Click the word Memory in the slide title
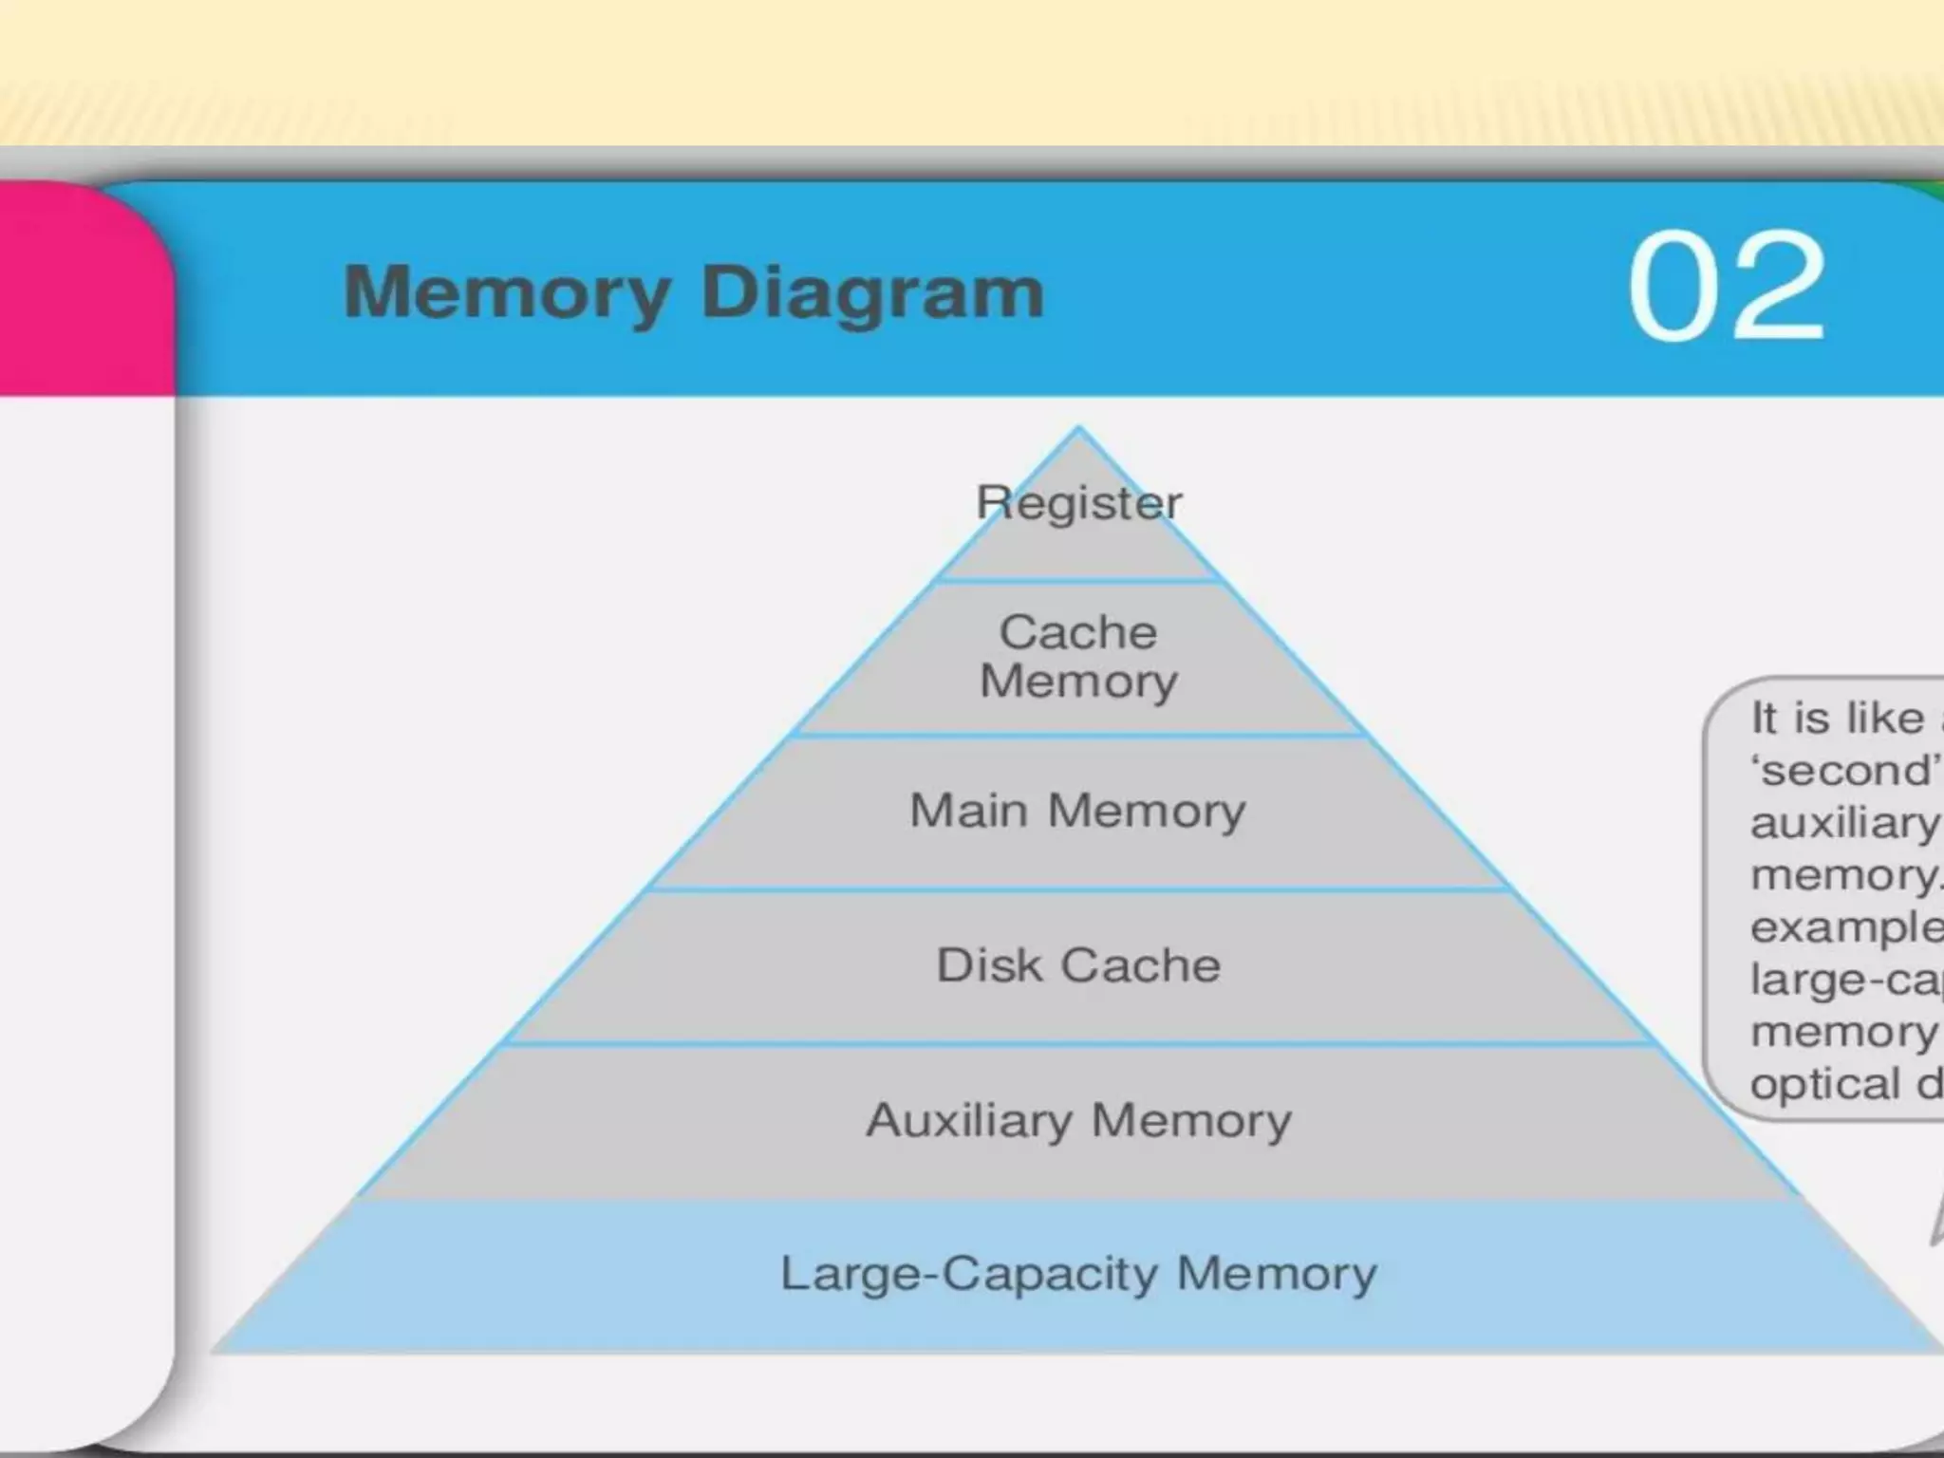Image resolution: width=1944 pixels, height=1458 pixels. [507, 293]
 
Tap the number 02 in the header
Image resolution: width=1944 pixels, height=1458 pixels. [1726, 286]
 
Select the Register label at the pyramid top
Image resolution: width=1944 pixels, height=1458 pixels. [1079, 502]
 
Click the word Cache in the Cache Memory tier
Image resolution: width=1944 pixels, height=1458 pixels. [1078, 632]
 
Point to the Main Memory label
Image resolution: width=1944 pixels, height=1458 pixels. [1077, 811]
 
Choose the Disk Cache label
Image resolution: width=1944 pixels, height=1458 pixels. [1078, 965]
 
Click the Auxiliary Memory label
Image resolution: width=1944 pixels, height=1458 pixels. [1078, 1120]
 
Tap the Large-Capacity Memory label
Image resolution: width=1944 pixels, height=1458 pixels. [1078, 1274]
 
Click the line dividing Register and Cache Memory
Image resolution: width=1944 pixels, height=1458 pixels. [1078, 580]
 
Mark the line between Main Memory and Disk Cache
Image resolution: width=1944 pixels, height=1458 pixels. [1078, 889]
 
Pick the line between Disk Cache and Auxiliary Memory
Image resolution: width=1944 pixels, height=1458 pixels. [1078, 1043]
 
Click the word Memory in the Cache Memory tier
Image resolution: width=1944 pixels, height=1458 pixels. [1078, 682]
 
